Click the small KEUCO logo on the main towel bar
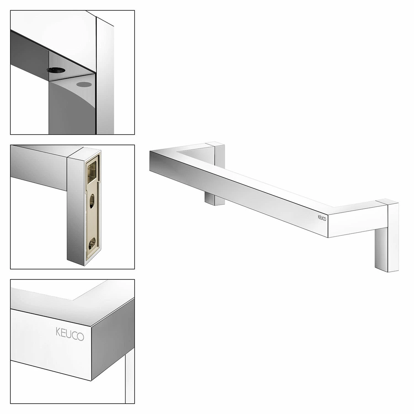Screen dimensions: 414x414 (322, 218)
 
